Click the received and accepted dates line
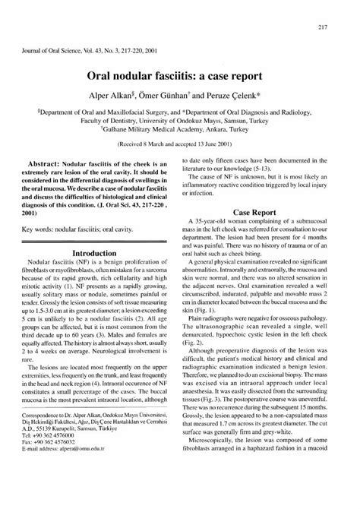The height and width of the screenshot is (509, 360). pyautogui.click(x=179, y=144)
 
